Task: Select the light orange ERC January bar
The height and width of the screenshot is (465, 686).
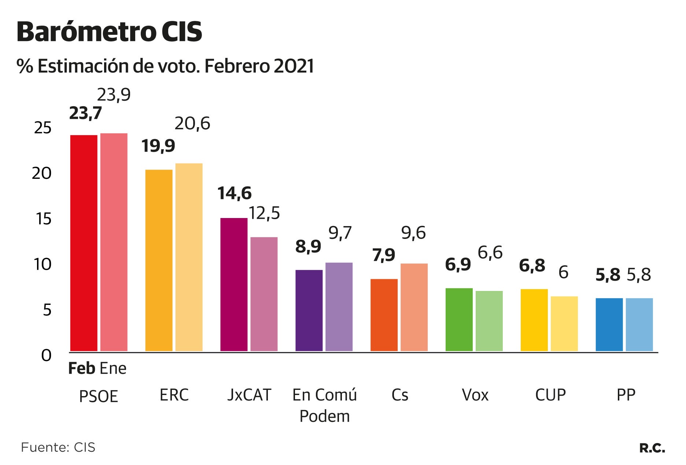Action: click(x=189, y=257)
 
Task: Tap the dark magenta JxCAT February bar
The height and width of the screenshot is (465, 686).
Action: click(x=234, y=285)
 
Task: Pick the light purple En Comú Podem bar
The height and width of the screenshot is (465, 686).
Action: click(x=339, y=307)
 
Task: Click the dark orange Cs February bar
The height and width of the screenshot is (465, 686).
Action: click(x=384, y=315)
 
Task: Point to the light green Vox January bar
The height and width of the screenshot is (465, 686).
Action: click(x=489, y=321)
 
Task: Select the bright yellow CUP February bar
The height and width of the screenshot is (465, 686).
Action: click(x=534, y=320)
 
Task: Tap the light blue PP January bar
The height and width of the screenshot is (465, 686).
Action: click(x=639, y=325)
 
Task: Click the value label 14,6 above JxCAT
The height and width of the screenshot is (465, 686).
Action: click(x=235, y=193)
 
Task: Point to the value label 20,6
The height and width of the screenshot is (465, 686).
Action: click(x=192, y=123)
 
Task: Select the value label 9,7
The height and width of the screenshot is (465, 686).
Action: click(x=340, y=233)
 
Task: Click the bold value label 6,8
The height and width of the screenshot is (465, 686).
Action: click(x=532, y=265)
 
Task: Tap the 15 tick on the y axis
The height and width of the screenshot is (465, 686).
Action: click(x=43, y=219)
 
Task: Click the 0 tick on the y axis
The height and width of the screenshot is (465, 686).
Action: click(x=46, y=355)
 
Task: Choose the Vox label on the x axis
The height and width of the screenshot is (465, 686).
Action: click(x=475, y=395)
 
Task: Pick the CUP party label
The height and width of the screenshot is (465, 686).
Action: click(x=550, y=395)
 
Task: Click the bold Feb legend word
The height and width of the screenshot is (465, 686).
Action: click(x=82, y=368)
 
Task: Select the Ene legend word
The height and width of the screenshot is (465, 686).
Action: click(x=113, y=368)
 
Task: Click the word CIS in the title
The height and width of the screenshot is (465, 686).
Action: click(x=182, y=32)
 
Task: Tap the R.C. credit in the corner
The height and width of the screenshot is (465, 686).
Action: click(x=652, y=448)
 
